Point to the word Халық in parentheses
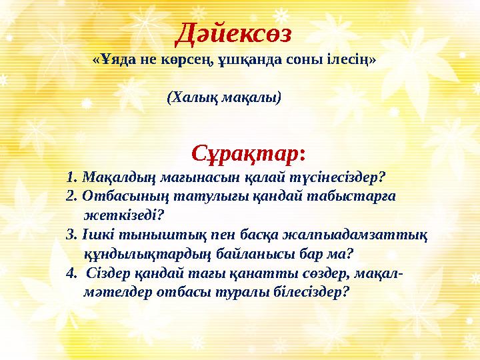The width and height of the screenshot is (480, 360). (189, 97)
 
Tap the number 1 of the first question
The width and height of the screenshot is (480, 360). (71, 177)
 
